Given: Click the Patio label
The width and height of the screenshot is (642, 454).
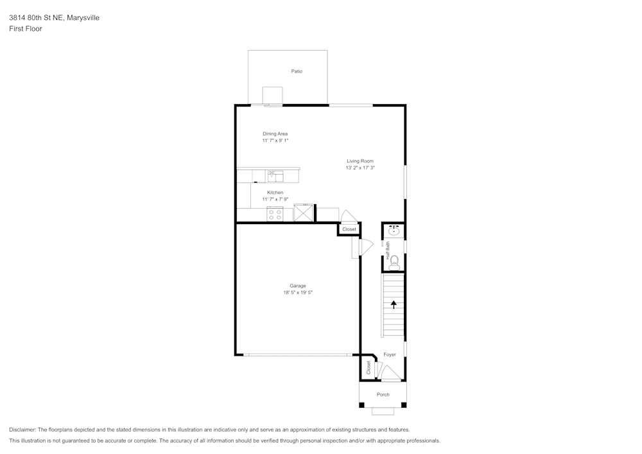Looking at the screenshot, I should [297, 71].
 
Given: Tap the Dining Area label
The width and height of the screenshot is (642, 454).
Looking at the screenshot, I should [275, 134].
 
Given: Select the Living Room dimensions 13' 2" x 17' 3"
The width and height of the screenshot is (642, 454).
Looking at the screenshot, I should [360, 168].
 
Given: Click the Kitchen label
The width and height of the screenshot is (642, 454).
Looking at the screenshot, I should [275, 193].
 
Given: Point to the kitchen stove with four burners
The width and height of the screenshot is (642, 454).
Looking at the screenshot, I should [275, 214].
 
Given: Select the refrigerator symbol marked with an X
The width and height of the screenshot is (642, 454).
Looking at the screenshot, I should [304, 213].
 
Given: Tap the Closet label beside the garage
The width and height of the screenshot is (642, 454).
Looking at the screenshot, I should [349, 229].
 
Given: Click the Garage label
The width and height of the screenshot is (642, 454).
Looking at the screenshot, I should [297, 286].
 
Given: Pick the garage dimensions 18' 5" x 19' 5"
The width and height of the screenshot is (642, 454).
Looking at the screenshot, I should [297, 292].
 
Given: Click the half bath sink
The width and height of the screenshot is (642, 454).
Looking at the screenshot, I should [394, 230].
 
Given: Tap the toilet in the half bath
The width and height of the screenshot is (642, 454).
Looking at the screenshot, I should [394, 261].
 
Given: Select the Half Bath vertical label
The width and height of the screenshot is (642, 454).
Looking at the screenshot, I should [388, 250].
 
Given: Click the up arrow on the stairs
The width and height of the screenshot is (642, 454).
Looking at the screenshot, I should [394, 305].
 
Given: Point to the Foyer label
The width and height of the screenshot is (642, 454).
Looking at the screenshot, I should [390, 354].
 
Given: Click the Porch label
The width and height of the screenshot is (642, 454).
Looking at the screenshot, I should [383, 394].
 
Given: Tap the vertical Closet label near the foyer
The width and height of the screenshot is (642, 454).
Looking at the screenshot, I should [369, 367].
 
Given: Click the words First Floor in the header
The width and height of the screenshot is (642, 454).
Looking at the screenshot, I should [26, 29].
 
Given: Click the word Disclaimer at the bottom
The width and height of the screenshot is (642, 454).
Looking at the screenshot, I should [22, 430].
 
